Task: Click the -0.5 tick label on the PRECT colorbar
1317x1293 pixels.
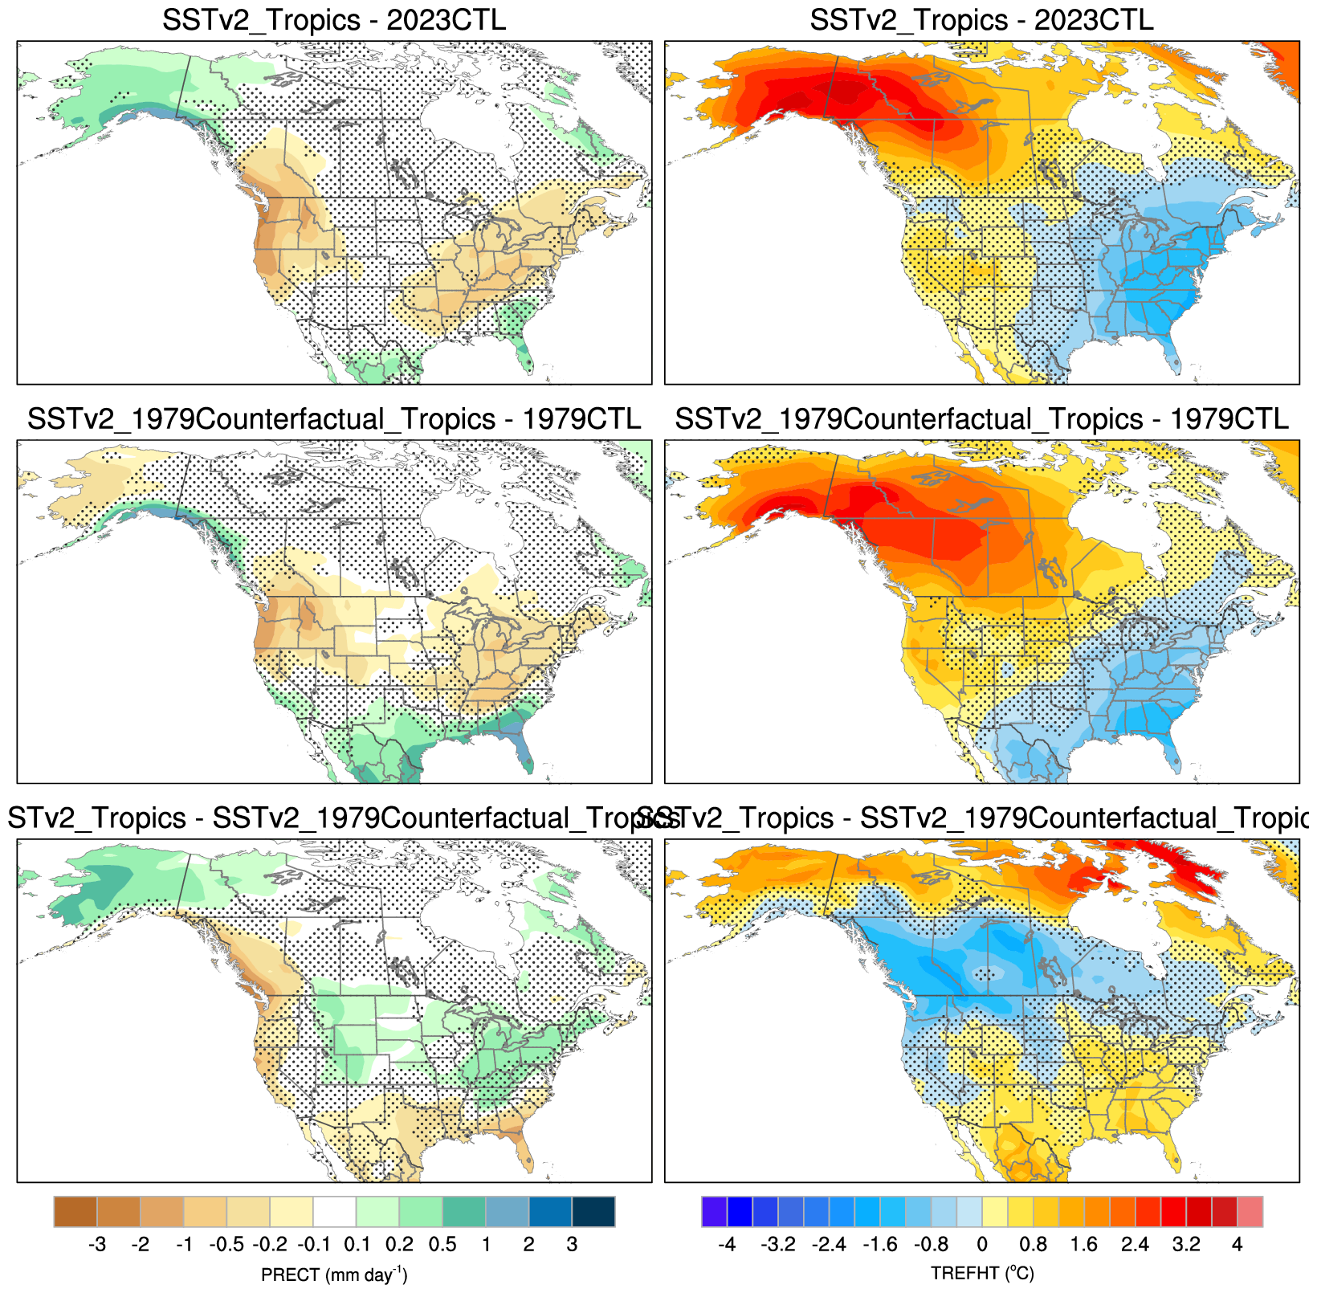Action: point(226,1245)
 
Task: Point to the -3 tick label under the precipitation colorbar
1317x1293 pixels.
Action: point(96,1245)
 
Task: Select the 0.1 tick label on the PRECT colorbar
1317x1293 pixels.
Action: point(357,1245)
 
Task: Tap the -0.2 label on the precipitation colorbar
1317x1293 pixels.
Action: point(270,1245)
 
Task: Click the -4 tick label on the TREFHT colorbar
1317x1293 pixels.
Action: point(726,1245)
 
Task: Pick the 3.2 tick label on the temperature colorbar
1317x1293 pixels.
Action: point(1185,1245)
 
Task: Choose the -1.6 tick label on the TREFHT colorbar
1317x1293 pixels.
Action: point(879,1245)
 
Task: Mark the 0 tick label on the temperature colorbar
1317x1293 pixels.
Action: point(982,1245)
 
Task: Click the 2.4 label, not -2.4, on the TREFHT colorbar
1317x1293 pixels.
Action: point(1135,1245)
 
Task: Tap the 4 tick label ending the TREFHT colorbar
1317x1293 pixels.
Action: point(1237,1245)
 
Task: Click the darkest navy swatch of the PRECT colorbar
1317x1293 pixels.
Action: point(593,1212)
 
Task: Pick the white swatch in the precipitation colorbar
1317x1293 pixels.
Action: point(335,1212)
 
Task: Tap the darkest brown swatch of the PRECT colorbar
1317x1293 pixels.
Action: point(75,1212)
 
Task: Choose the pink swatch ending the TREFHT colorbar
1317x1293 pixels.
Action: point(1250,1212)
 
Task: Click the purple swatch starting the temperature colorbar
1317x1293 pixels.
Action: point(714,1212)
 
